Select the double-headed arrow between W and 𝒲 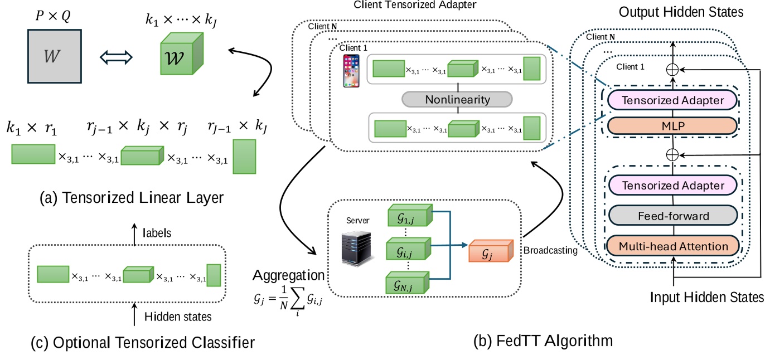click(115, 57)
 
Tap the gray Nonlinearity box click(457, 100)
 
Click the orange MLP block click(673, 125)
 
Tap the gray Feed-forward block click(673, 216)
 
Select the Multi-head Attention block click(673, 246)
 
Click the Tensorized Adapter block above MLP click(673, 100)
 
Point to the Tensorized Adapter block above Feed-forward click(673, 186)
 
